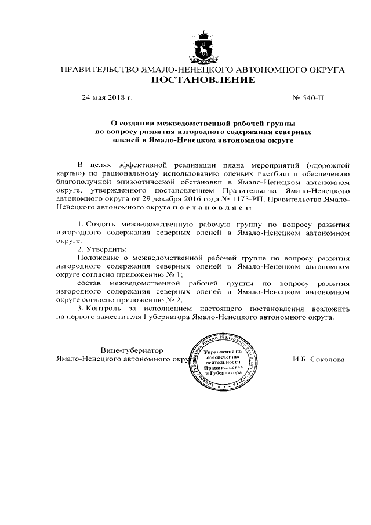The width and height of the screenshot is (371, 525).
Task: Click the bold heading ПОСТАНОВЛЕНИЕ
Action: click(203, 81)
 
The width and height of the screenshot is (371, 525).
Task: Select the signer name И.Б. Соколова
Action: click(318, 359)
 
